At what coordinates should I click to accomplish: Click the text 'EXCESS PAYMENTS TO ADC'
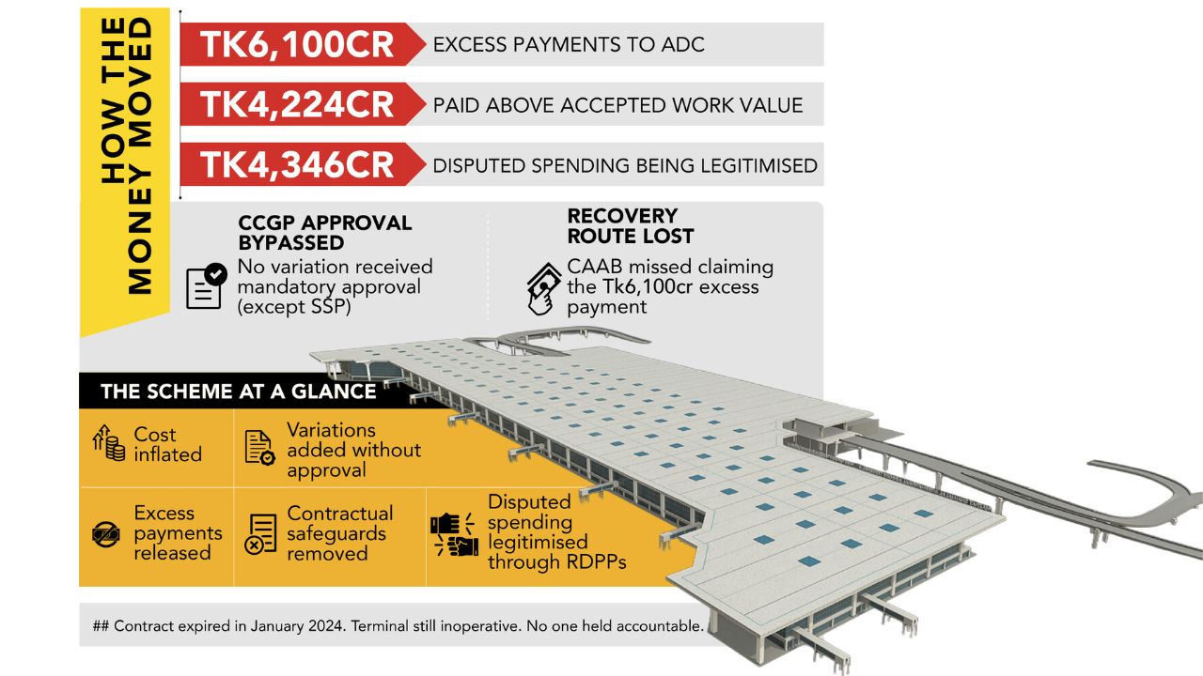[x=569, y=44]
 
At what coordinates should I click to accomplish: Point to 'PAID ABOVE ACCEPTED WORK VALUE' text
[x=618, y=105]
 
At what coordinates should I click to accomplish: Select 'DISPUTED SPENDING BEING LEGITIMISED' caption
[x=625, y=166]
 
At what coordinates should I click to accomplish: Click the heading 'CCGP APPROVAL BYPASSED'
[x=325, y=233]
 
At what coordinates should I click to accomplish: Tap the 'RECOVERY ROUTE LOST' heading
[x=631, y=226]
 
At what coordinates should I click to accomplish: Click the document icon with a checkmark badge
[x=206, y=286]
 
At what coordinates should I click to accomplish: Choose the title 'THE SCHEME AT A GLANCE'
[x=239, y=392]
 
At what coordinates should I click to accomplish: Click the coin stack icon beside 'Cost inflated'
[x=109, y=443]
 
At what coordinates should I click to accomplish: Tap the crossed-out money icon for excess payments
[x=106, y=534]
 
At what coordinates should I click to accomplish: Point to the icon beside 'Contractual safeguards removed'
[x=260, y=534]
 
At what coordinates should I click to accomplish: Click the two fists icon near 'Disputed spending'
[x=454, y=534]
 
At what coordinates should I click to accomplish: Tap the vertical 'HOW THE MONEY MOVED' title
[x=126, y=156]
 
